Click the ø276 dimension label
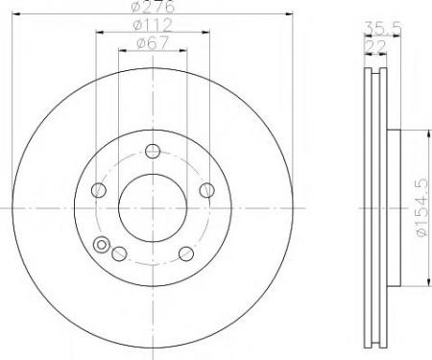(x=153, y=6)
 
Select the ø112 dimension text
(x=153, y=25)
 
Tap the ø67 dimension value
(x=153, y=43)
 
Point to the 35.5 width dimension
(x=383, y=28)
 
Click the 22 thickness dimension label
(x=375, y=47)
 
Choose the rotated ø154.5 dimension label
(x=422, y=207)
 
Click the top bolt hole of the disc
(x=153, y=151)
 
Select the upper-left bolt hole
(x=99, y=190)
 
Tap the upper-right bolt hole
(x=206, y=190)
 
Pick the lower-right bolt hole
(x=186, y=253)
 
